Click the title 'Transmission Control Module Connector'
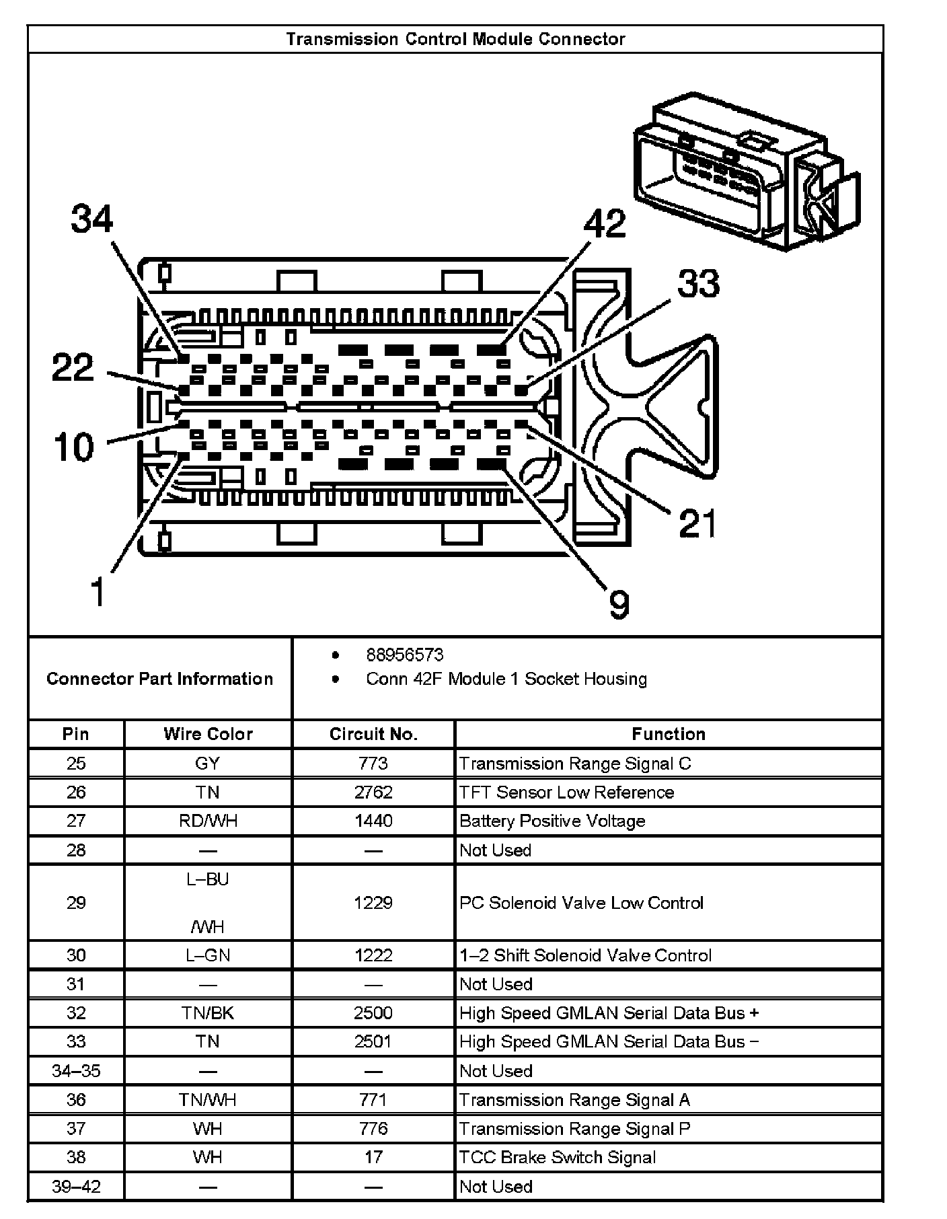pyautogui.click(x=455, y=39)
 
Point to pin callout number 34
pyautogui.click(x=93, y=219)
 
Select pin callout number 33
pyautogui.click(x=698, y=283)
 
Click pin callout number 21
pyautogui.click(x=697, y=523)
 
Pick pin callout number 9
pyautogui.click(x=619, y=603)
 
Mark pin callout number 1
pyautogui.click(x=98, y=592)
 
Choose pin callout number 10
pyautogui.click(x=74, y=447)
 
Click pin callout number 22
pyautogui.click(x=74, y=368)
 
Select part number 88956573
pyautogui.click(x=405, y=655)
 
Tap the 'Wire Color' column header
pyautogui.click(x=208, y=734)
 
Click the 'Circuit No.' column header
pyautogui.click(x=373, y=734)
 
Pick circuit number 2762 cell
pyautogui.click(x=373, y=792)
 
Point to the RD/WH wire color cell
pyautogui.click(x=208, y=821)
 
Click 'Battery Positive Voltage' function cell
pyautogui.click(x=552, y=821)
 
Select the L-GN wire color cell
pyautogui.click(x=208, y=955)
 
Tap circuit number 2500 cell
pyautogui.click(x=373, y=1013)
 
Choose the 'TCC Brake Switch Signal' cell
pyautogui.click(x=558, y=1157)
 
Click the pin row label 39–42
pyautogui.click(x=76, y=1186)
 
